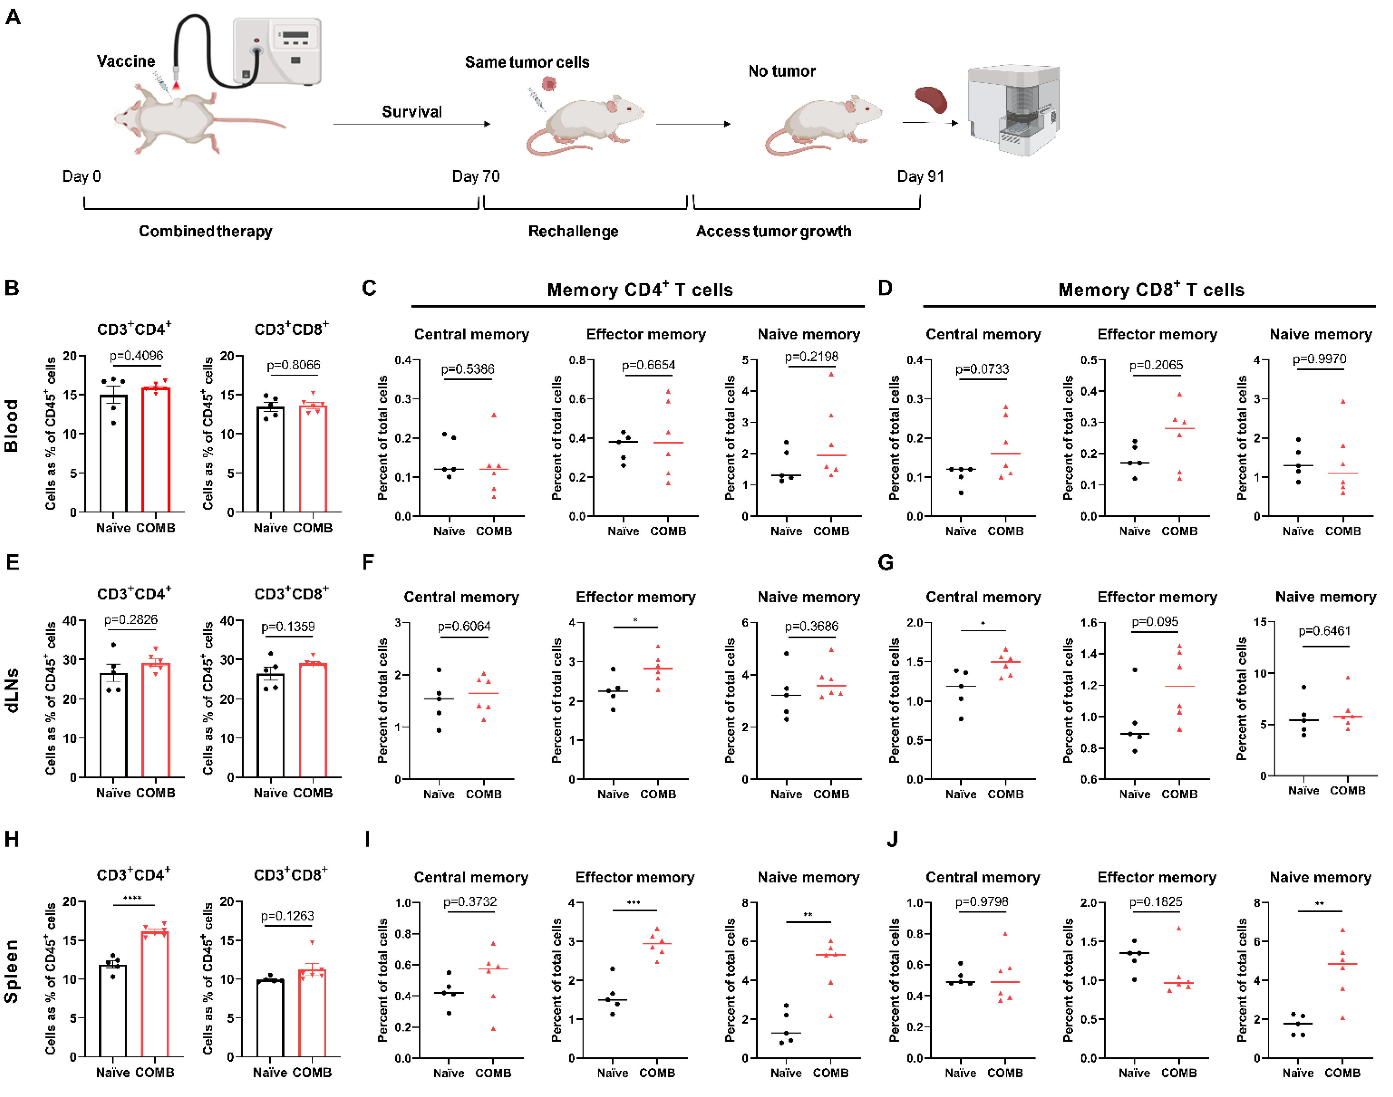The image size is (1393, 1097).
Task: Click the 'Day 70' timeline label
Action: coord(476,177)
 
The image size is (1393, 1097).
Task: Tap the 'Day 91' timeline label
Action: coord(920,177)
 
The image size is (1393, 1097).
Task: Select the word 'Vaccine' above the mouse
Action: coord(126,61)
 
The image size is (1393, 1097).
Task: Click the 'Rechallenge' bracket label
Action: coord(573,231)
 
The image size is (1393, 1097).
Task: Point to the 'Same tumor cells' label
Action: coord(527,62)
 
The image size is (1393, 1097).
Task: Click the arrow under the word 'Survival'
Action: coord(411,124)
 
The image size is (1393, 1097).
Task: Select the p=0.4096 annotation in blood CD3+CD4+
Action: coord(136,356)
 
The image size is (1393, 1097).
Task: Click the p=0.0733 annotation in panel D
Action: coord(982,369)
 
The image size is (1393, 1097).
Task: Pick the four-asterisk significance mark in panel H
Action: coord(132,898)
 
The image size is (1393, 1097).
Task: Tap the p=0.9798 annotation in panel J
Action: coord(982,902)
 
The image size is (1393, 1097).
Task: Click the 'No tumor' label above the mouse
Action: coord(782,71)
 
